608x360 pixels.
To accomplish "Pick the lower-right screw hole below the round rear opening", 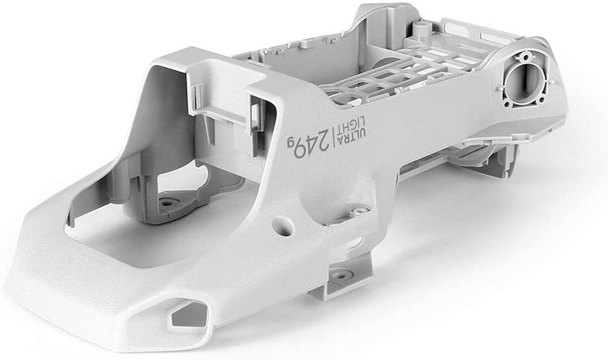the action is (x=541, y=101).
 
